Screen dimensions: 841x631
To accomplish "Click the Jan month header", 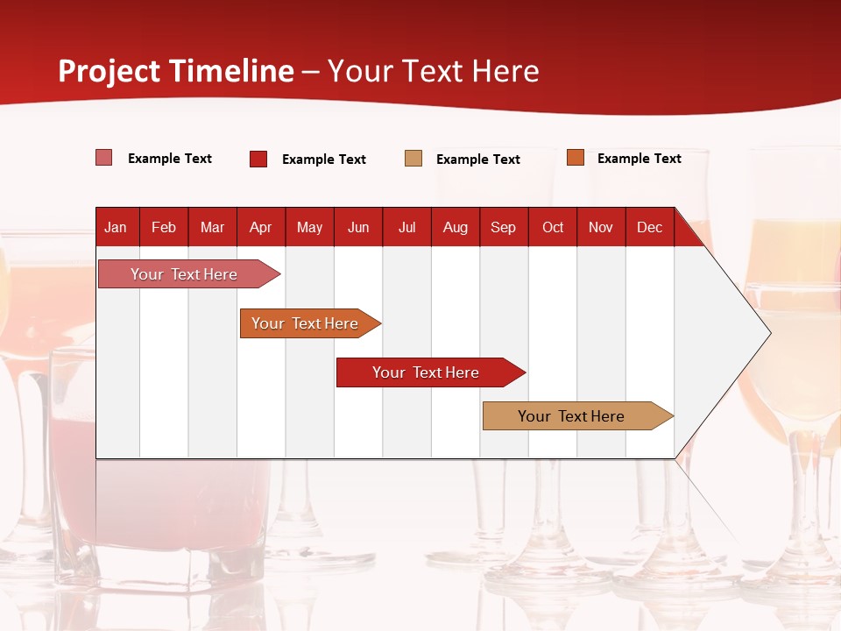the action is coord(116,228).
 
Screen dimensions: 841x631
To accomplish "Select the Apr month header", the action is coord(261,228).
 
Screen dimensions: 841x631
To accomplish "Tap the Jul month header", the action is coord(407,228).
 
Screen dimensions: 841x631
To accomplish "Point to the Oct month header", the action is coord(553,228).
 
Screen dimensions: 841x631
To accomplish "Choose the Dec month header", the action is coord(649,228).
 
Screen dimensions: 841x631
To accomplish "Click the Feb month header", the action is coord(164,228).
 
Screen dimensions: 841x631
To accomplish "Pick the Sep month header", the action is coord(503,228).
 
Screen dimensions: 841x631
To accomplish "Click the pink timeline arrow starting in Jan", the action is coord(189,274).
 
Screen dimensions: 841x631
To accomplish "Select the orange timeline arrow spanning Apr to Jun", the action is coord(310,323).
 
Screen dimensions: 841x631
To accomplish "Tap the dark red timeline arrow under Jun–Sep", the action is coord(431,372).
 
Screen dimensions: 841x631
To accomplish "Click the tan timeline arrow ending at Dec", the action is coord(578,415).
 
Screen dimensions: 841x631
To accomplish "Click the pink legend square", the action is coord(104,158).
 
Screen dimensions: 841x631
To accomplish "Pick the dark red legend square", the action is coord(258,159).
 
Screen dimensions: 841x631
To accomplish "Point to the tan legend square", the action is coord(413,159).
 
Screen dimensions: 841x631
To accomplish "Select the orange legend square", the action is coord(576,157).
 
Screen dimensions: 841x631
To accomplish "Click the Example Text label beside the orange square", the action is coord(640,159).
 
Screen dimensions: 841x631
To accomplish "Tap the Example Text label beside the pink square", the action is coord(170,159).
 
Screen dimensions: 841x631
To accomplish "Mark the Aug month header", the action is coord(456,228).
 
